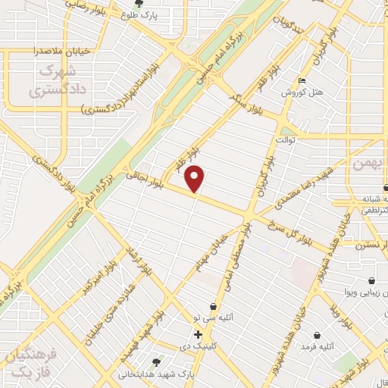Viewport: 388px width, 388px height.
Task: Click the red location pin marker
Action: click(196, 178)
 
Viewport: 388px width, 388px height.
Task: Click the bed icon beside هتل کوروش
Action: click(302, 81)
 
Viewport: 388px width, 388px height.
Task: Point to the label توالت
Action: click(284, 140)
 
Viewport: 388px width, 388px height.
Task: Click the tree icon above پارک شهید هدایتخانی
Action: click(156, 362)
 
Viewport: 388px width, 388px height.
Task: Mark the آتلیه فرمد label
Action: click(317, 346)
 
